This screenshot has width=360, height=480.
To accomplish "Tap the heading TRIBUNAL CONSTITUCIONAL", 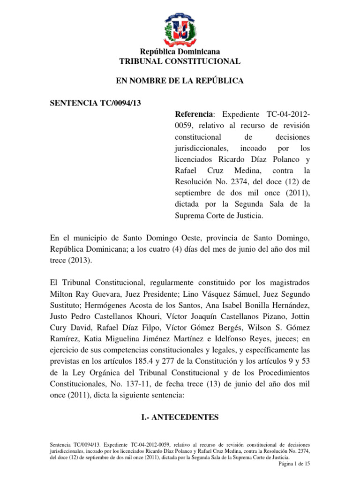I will click(180, 61).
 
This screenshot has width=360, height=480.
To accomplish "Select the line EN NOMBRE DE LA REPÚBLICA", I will click(180, 81).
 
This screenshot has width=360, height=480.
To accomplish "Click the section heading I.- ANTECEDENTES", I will click(180, 416).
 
